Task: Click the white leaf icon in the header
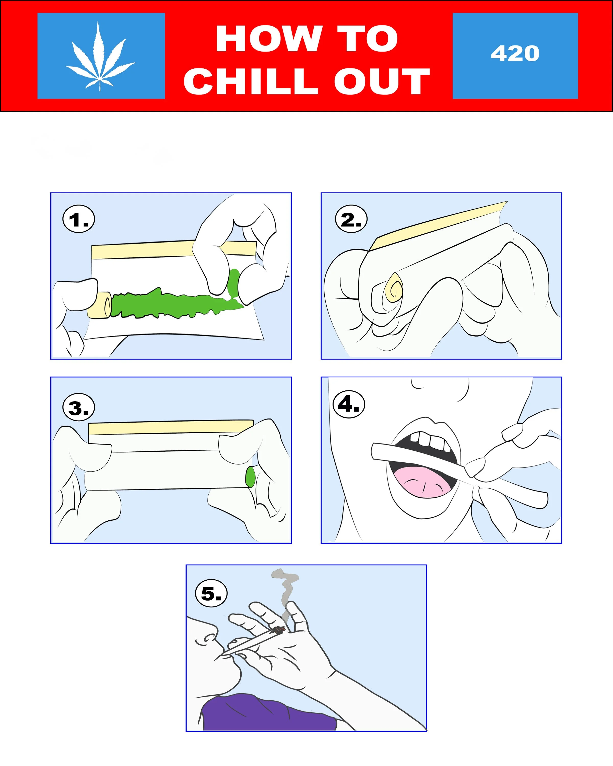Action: (x=100, y=57)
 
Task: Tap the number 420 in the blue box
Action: (x=515, y=54)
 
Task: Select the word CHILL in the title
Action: (x=251, y=81)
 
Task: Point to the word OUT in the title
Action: (x=382, y=81)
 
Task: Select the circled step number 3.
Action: (x=78, y=408)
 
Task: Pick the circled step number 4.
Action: (x=349, y=404)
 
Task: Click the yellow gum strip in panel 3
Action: (x=171, y=427)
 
